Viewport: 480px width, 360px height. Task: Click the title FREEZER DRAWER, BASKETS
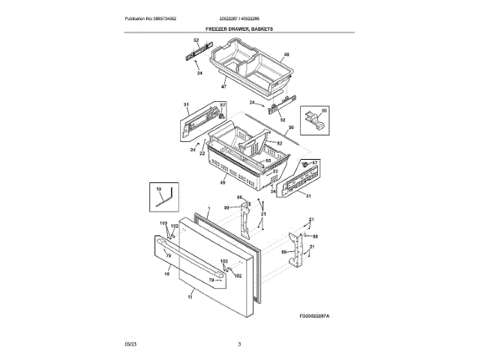(240, 28)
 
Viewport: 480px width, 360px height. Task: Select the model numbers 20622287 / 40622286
(240, 18)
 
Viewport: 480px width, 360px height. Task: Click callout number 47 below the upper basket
(223, 88)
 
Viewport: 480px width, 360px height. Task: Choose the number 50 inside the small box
(324, 110)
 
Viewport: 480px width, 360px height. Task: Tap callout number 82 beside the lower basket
(279, 143)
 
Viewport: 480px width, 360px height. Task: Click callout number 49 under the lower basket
(223, 183)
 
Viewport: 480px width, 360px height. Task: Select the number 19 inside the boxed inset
(159, 190)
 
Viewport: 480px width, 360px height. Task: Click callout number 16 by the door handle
(166, 275)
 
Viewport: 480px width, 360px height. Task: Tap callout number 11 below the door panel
(189, 298)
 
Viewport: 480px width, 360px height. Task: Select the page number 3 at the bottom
(240, 344)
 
